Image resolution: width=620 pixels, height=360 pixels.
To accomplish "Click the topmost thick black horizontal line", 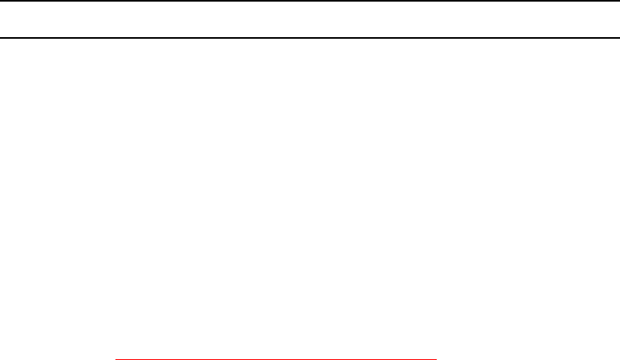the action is (310, 1).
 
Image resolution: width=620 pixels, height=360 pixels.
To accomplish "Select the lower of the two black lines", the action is (310, 37).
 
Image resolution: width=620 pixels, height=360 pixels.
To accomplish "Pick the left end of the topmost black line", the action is (1, 1).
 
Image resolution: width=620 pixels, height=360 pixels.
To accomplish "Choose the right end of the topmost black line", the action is (618, 1).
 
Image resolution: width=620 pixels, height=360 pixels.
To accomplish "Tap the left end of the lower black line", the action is (1, 37).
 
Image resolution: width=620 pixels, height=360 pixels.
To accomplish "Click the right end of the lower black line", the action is (618, 37).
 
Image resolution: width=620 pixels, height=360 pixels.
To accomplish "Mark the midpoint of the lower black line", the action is (310, 37).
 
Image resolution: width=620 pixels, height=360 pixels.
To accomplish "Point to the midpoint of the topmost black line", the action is (310, 1).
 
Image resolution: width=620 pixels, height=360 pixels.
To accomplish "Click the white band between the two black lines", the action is (310, 19).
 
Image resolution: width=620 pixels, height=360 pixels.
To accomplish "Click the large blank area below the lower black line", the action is (310, 194).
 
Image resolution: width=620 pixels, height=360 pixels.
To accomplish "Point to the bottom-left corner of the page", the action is (1, 358).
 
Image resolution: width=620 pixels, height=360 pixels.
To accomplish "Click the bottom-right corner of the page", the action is (618, 358).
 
